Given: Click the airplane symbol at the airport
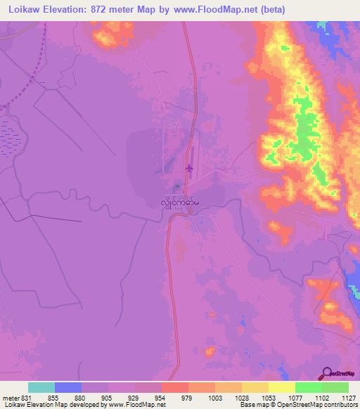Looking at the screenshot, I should (188, 168).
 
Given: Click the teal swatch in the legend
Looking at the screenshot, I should (41, 387).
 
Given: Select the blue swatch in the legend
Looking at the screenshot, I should (68, 387).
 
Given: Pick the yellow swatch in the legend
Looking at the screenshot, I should (281, 387).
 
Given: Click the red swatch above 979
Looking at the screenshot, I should (175, 387).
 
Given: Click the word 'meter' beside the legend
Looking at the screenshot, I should (9, 397).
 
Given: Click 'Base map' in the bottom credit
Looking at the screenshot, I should (252, 405).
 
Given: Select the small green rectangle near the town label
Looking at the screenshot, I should (177, 186).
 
